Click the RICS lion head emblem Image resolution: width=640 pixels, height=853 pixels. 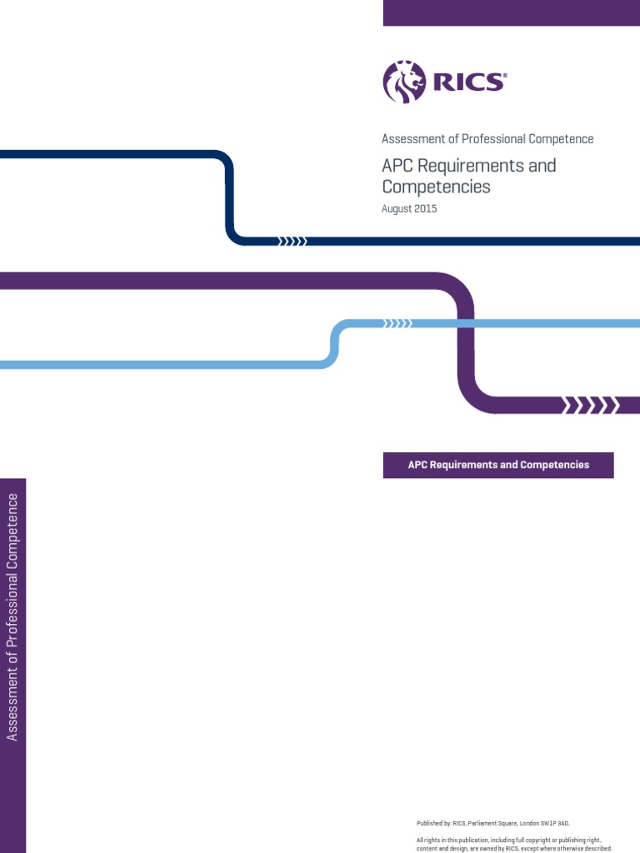pos(403,82)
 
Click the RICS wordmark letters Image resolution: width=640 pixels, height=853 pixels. pos(466,82)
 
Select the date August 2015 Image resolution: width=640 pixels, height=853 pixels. pos(409,209)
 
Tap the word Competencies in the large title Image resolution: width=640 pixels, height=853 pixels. pos(436,187)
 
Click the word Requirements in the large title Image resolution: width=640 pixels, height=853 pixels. pos(471,165)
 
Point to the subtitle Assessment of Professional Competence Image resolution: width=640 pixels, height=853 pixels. pos(487,139)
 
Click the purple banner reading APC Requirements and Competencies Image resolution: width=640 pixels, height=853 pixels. pos(498,465)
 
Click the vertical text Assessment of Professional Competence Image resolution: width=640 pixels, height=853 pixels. pos(12,616)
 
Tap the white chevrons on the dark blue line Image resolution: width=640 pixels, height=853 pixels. pos(292,242)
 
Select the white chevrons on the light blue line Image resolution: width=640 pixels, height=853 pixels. pos(397,323)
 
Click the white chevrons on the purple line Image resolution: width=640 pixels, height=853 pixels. pos(591,406)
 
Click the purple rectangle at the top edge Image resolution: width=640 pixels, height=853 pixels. pos(512,12)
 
